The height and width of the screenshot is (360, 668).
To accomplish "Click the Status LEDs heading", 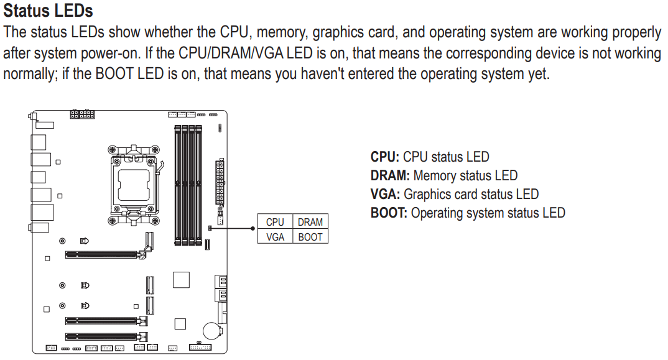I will point(48,11).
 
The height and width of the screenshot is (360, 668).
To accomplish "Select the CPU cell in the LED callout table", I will point(275,222).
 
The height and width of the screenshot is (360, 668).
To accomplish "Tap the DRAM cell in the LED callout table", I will point(310,222).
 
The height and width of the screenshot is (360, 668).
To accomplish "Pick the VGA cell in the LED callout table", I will point(275,236).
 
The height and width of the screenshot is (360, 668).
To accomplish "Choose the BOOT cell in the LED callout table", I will point(310,236).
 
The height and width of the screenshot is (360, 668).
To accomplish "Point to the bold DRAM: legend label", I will point(390,176).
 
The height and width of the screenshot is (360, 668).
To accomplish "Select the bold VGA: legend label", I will point(385,195).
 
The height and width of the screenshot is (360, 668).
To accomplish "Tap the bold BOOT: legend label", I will point(389,213).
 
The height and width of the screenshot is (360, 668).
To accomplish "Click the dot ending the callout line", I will point(252,229).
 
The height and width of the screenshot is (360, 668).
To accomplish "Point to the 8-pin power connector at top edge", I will point(82,115).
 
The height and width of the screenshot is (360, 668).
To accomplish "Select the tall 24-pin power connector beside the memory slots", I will point(220,183).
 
